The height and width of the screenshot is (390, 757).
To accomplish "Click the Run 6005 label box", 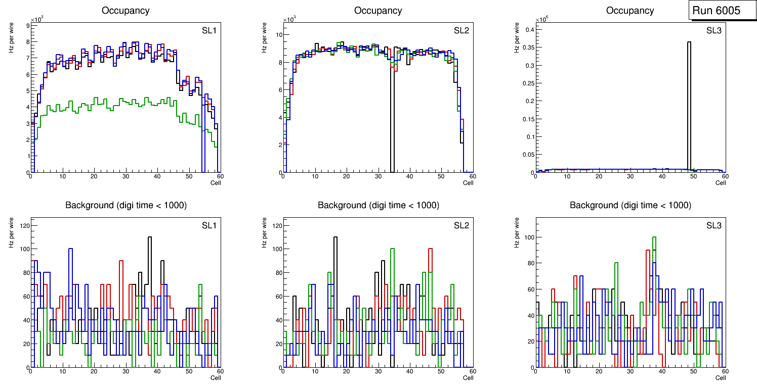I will (x=719, y=11).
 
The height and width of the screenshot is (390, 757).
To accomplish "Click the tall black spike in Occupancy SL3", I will (x=689, y=101).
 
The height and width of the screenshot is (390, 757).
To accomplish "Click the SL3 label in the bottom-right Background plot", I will (x=714, y=225).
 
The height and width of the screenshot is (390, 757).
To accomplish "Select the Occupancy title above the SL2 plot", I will (x=378, y=11).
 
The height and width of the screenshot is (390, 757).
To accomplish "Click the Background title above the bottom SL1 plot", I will (x=126, y=205).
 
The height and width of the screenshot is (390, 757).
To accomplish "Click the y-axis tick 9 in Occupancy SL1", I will (x=27, y=25).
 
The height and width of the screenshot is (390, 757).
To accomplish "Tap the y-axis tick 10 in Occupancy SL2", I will (x=278, y=35).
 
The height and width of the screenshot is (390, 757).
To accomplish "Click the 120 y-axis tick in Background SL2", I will (x=276, y=225).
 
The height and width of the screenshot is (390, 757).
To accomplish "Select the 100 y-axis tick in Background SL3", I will (x=528, y=237).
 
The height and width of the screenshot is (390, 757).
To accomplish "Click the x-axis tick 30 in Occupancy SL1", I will (x=125, y=176).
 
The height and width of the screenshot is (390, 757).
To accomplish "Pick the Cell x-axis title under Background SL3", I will (x=720, y=377).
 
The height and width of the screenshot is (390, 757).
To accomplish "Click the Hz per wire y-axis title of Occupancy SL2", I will (x=264, y=38).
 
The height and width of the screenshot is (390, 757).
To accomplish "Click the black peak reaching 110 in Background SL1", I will (x=150, y=237).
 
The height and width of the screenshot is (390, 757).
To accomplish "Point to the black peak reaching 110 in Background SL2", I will (x=335, y=237).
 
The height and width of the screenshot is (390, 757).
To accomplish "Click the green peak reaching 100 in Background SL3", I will (x=654, y=237).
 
